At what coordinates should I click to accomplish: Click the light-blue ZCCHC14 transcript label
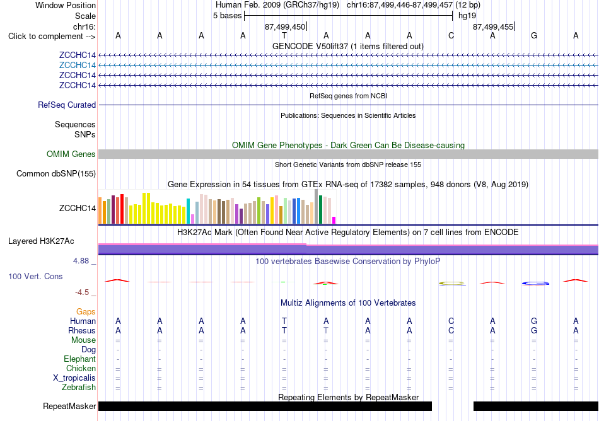click(x=77, y=66)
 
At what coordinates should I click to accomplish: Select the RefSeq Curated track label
click(x=67, y=105)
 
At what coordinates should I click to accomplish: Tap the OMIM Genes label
click(x=71, y=154)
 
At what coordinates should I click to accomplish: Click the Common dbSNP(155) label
click(x=56, y=174)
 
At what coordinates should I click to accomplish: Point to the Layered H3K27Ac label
click(x=41, y=241)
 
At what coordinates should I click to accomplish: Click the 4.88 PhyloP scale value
click(x=81, y=261)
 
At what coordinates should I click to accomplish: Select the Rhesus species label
click(x=82, y=330)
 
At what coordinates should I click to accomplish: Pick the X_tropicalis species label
click(x=74, y=378)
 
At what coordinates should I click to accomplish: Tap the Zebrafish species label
click(x=79, y=388)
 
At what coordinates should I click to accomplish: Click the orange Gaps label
click(x=86, y=312)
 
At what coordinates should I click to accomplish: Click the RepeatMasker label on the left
click(x=69, y=406)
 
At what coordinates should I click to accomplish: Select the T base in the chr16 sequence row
click(x=284, y=36)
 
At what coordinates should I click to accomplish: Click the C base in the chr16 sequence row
click(x=451, y=36)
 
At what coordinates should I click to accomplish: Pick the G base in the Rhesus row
click(x=534, y=330)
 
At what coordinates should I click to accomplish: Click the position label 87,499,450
click(x=285, y=26)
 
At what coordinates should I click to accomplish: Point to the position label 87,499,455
click(x=493, y=26)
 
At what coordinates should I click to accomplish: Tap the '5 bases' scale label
click(x=227, y=16)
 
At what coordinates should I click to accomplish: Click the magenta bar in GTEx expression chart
click(x=334, y=220)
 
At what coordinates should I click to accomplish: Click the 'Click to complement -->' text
click(x=52, y=37)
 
